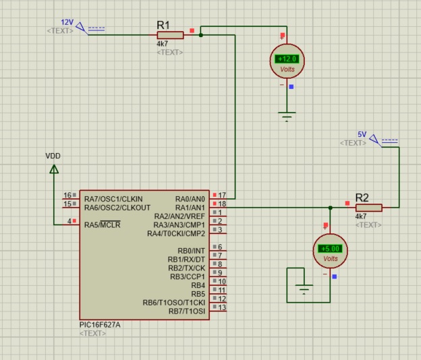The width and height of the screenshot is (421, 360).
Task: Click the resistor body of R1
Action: pyautogui.click(x=170, y=35)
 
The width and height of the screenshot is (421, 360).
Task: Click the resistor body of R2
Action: pyautogui.click(x=368, y=208)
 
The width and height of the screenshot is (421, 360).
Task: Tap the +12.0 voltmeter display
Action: pyautogui.click(x=287, y=59)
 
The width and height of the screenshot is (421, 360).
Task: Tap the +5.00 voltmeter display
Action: pyautogui.click(x=330, y=249)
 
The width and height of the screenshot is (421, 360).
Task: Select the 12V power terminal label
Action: pyautogui.click(x=67, y=22)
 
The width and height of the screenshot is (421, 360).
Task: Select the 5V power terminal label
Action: pyautogui.click(x=362, y=134)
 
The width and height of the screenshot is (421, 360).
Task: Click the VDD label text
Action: pyautogui.click(x=53, y=156)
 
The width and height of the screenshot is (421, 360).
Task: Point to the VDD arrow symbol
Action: pyautogui.click(x=54, y=169)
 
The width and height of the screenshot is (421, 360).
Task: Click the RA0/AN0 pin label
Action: pyautogui.click(x=190, y=199)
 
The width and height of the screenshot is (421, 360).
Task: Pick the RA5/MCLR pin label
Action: pyautogui.click(x=103, y=224)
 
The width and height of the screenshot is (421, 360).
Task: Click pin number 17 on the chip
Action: pyautogui.click(x=222, y=195)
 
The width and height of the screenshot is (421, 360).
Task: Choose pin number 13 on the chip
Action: pyautogui.click(x=222, y=307)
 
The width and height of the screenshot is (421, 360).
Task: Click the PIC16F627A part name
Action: pyautogui.click(x=100, y=325)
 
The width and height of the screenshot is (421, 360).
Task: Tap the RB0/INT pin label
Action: pyautogui.click(x=191, y=251)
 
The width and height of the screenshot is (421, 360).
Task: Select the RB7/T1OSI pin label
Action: pyautogui.click(x=187, y=311)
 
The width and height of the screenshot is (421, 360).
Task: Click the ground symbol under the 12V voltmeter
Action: pyautogui.click(x=287, y=117)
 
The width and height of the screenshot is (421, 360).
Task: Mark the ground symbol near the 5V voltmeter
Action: pyautogui.click(x=304, y=289)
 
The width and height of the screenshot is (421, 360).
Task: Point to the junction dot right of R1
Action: pyautogui.click(x=201, y=35)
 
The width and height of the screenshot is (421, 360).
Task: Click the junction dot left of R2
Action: pyautogui.click(x=330, y=208)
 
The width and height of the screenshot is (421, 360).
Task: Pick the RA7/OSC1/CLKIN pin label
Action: pyautogui.click(x=113, y=199)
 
